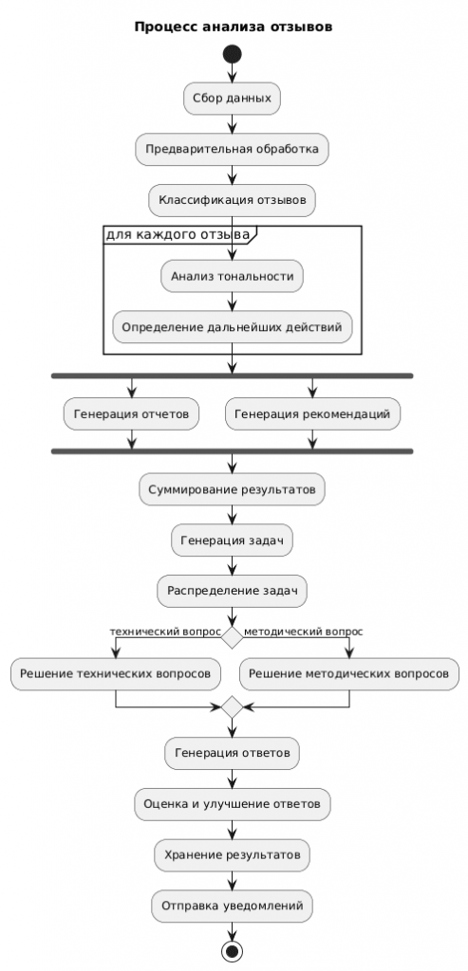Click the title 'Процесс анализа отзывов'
(233, 27)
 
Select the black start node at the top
(233, 57)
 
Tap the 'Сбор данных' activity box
(233, 98)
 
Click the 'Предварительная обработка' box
(233, 149)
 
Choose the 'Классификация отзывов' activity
(233, 200)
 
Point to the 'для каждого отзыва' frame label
(178, 234)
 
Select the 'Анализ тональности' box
(233, 276)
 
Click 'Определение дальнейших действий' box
(233, 327)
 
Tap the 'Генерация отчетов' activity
(131, 413)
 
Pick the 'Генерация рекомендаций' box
(312, 413)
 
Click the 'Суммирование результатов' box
(233, 489)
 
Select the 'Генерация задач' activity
(233, 540)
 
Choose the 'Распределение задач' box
(233, 591)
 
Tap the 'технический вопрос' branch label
(165, 631)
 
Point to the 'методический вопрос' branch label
(303, 631)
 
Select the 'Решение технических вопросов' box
(116, 673)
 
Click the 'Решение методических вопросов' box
(349, 673)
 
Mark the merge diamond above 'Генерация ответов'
(233, 707)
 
